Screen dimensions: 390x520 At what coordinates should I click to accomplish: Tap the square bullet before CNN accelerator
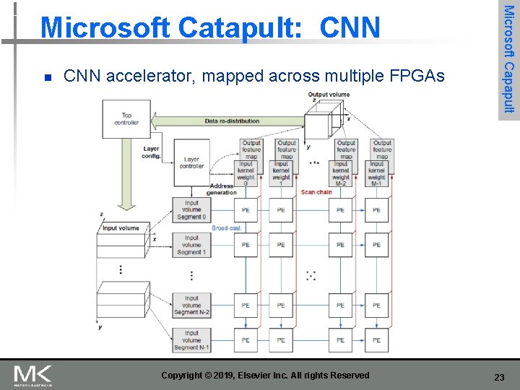(x=47, y=77)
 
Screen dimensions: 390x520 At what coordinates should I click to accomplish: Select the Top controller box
(x=126, y=118)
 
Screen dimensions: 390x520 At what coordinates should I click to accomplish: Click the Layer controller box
(x=191, y=163)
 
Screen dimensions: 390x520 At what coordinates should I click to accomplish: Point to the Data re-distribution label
(x=232, y=121)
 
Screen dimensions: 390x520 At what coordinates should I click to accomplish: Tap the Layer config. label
(x=151, y=152)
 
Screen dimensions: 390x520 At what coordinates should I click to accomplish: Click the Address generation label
(x=221, y=189)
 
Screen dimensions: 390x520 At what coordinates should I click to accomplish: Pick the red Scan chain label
(x=316, y=192)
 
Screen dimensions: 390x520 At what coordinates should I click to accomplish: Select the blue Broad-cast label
(x=226, y=228)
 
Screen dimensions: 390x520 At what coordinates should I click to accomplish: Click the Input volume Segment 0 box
(x=191, y=210)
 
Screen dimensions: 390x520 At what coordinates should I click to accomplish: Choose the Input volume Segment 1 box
(x=191, y=245)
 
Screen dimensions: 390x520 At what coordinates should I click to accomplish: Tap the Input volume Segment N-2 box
(x=191, y=305)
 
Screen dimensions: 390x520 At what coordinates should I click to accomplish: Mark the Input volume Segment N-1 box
(x=191, y=340)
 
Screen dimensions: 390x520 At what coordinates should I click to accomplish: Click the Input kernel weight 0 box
(x=246, y=173)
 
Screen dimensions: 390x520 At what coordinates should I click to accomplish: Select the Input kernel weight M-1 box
(x=377, y=173)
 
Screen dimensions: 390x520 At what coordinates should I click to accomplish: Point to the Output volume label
(x=329, y=95)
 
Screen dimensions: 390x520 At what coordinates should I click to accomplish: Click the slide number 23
(x=498, y=377)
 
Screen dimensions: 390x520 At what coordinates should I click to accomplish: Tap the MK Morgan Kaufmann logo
(x=32, y=376)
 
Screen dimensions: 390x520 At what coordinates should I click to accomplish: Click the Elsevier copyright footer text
(x=265, y=376)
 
